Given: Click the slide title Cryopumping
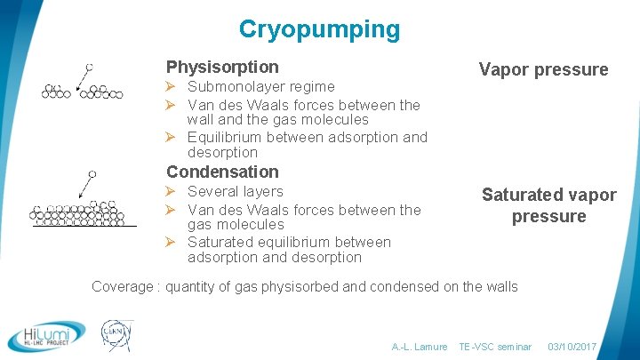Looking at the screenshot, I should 319,29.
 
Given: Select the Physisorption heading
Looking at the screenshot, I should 222,67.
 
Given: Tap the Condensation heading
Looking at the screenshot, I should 222,172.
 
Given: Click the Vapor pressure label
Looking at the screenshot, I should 543,69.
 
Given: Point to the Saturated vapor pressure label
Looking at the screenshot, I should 548,205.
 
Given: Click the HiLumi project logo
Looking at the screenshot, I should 46,335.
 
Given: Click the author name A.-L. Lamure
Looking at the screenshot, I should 420,347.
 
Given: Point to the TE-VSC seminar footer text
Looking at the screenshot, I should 495,347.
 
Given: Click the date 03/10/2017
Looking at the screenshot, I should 572,347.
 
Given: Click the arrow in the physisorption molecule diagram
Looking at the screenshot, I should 82,78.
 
